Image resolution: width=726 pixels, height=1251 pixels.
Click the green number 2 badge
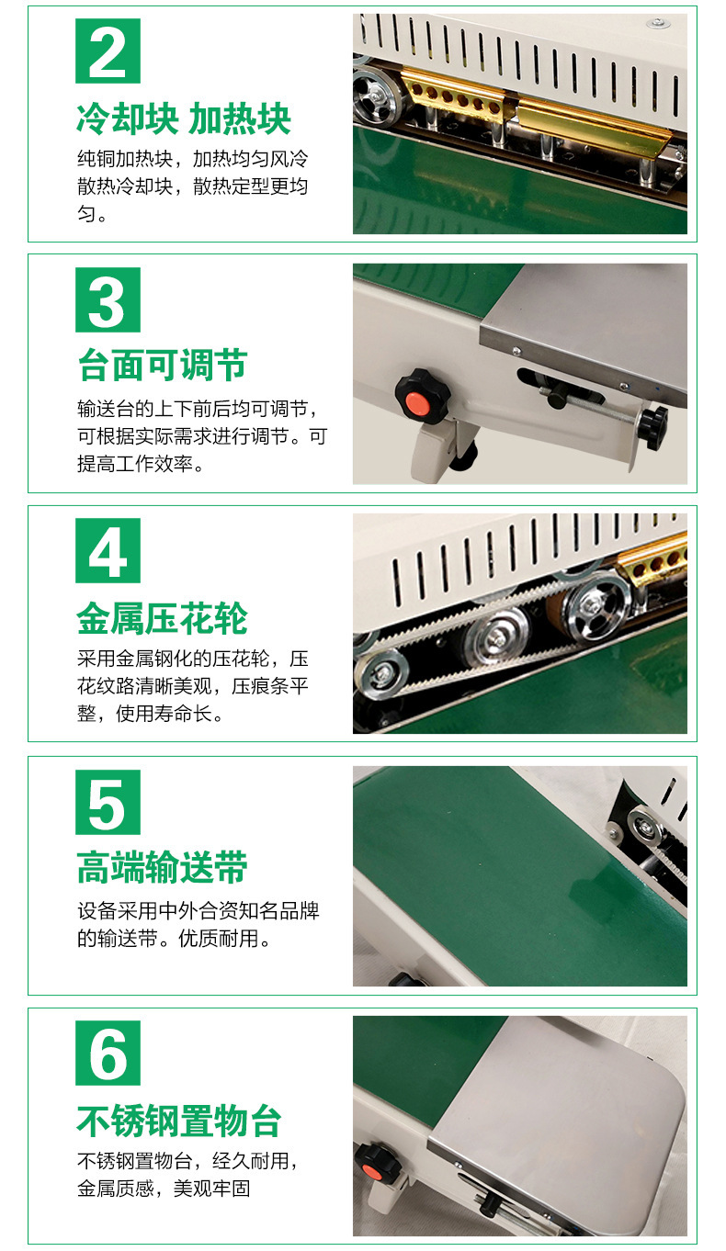click(x=108, y=51)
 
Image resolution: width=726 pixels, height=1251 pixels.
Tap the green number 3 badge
click(x=108, y=300)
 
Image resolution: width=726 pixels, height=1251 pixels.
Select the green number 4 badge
click(x=108, y=551)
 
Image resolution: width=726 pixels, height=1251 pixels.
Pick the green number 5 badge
click(x=108, y=802)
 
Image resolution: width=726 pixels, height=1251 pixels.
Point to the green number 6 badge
click(x=108, y=1053)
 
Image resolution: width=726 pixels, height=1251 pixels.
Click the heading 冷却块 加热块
click(x=183, y=119)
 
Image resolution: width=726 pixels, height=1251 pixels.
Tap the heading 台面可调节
click(x=163, y=366)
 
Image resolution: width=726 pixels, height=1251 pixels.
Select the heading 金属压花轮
click(x=162, y=618)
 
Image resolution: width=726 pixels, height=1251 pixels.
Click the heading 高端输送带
click(x=162, y=867)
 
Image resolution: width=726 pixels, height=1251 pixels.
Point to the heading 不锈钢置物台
click(x=179, y=1121)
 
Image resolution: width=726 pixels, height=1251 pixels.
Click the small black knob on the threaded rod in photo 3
click(x=654, y=426)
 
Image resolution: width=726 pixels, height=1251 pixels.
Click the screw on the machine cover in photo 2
click(x=658, y=24)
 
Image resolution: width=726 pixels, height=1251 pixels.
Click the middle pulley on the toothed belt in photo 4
click(x=496, y=637)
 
